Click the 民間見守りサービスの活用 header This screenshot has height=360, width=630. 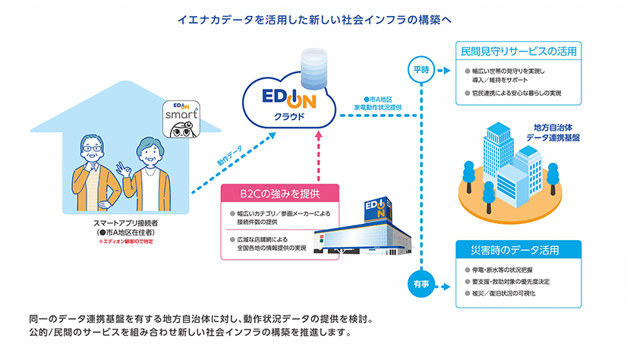tap(517, 52)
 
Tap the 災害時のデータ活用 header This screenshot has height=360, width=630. tap(517, 250)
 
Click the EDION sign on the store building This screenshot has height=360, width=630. tap(376, 207)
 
